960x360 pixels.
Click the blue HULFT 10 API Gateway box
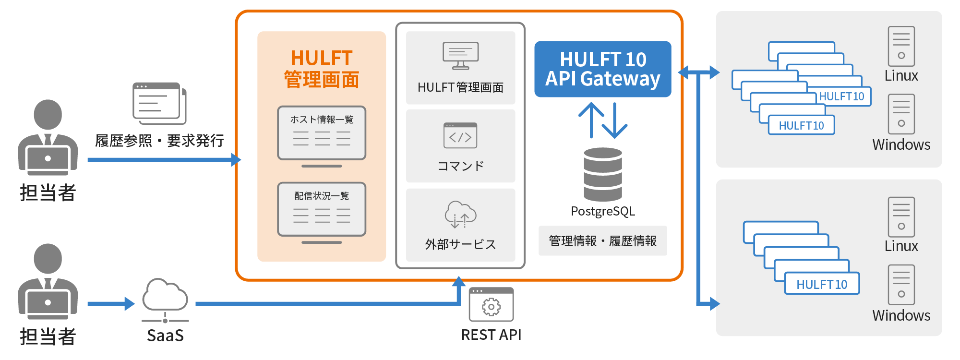point(602,69)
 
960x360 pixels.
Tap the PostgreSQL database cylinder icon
point(603,174)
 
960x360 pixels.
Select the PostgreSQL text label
point(603,211)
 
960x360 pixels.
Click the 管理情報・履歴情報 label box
point(602,240)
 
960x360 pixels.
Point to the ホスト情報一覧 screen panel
point(322,133)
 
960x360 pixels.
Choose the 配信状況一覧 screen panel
point(322,209)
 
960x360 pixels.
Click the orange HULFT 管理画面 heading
point(322,69)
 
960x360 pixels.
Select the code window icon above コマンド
point(460,136)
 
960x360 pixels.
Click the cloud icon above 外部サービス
point(460,214)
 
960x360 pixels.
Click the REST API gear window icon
point(491,304)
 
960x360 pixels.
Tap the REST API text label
point(491,335)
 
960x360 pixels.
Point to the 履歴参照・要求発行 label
point(159,141)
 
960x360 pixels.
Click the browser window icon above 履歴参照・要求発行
point(159,103)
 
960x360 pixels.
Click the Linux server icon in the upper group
point(901,46)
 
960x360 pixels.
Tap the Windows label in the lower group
point(901,315)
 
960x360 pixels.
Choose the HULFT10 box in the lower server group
point(822,284)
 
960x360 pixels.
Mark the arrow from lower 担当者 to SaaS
point(111,303)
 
